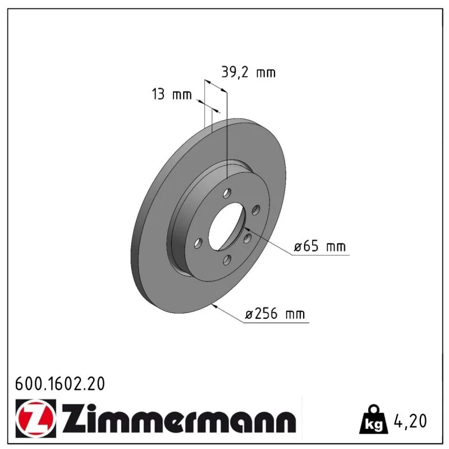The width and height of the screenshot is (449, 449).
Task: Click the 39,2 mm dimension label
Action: [x=248, y=72]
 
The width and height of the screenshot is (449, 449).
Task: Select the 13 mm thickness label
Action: [x=172, y=94]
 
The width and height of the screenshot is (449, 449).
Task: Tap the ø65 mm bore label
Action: [x=320, y=246]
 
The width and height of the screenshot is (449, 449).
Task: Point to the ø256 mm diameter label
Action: [x=275, y=314]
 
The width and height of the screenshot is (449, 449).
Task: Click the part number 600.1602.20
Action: [x=60, y=384]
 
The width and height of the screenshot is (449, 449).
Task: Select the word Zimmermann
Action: [x=179, y=419]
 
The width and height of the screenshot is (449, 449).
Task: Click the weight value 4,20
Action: [x=410, y=421]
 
